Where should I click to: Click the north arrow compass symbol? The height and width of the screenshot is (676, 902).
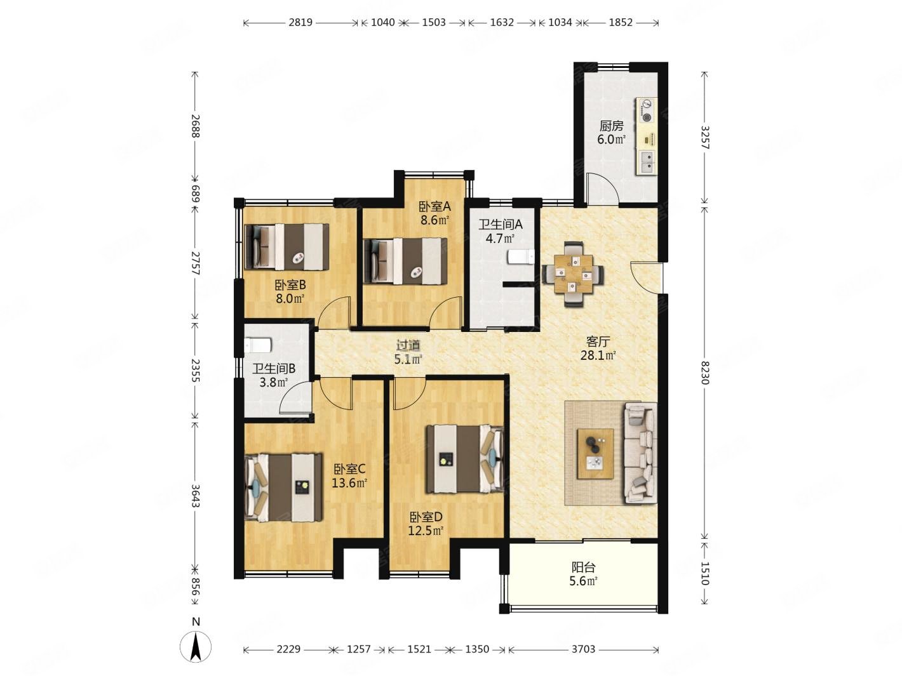click(x=195, y=646)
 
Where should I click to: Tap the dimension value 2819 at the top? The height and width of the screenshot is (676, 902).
click(x=300, y=22)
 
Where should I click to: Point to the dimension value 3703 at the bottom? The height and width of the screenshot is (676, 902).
click(x=582, y=649)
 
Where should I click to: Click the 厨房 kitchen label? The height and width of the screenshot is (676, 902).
click(x=611, y=125)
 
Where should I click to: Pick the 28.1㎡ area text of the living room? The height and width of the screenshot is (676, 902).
click(x=598, y=355)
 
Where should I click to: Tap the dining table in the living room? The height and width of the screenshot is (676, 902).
click(x=573, y=274)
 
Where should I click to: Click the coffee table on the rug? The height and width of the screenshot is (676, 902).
click(x=595, y=454)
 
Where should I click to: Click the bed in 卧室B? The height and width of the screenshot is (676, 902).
click(x=286, y=247)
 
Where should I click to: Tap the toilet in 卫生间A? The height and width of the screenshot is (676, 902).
click(x=521, y=257)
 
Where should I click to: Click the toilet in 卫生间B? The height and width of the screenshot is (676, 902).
click(x=258, y=345)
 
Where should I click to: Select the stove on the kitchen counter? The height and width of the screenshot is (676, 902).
click(x=647, y=111)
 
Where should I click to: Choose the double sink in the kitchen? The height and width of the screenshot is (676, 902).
click(x=647, y=162)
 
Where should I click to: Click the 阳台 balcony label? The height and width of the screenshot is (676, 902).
click(x=583, y=567)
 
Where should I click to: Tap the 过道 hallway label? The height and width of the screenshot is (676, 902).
click(x=408, y=345)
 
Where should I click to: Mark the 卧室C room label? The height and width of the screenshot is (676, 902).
click(x=349, y=468)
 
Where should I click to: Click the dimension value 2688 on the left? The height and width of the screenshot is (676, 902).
click(x=195, y=126)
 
